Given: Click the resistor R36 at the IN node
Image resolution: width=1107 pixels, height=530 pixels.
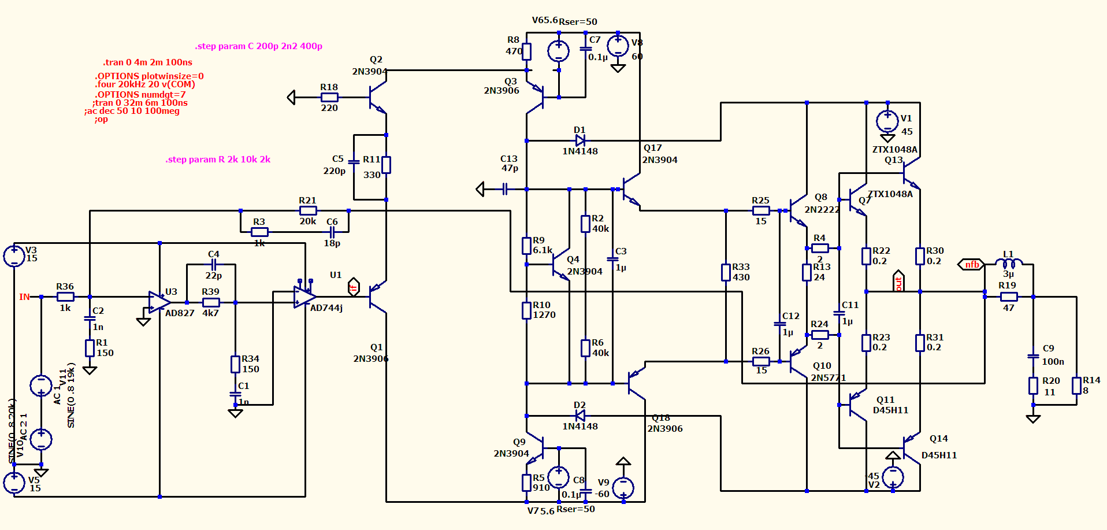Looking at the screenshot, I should click(x=65, y=296).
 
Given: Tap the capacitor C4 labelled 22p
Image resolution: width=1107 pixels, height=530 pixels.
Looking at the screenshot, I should click(x=214, y=265).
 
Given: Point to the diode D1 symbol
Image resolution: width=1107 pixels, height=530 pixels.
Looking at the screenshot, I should click(x=580, y=140).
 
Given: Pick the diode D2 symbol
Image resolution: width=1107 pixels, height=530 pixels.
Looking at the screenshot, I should click(x=580, y=416).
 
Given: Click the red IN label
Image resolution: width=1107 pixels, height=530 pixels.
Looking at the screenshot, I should click(x=24, y=297).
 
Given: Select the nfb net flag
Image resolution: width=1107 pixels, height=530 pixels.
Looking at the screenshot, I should click(x=972, y=265).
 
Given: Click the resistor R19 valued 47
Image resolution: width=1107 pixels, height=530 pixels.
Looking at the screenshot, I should click(x=1009, y=296).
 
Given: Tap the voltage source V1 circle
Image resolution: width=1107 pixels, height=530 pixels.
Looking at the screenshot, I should click(x=887, y=121).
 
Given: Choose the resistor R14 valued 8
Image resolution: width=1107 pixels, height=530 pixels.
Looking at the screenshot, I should click(x=1076, y=386).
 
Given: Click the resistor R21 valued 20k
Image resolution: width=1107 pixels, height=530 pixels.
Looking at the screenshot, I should click(x=308, y=211).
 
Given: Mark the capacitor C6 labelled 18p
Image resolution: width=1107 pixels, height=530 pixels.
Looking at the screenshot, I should click(x=332, y=232).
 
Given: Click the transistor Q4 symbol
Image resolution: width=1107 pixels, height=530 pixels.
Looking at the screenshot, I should click(x=559, y=266).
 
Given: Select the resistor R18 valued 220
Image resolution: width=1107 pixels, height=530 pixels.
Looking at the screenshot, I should click(x=329, y=97).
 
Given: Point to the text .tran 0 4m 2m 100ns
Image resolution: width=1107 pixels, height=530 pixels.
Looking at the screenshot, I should click(x=147, y=62).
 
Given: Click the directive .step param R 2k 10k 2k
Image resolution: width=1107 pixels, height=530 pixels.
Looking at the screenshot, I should click(x=218, y=160).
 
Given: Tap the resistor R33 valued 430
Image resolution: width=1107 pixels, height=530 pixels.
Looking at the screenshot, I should click(x=726, y=272).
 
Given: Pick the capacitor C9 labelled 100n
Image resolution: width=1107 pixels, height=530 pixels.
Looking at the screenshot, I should click(x=1033, y=356).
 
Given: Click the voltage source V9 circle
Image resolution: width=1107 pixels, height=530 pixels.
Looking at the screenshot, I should click(x=623, y=488).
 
